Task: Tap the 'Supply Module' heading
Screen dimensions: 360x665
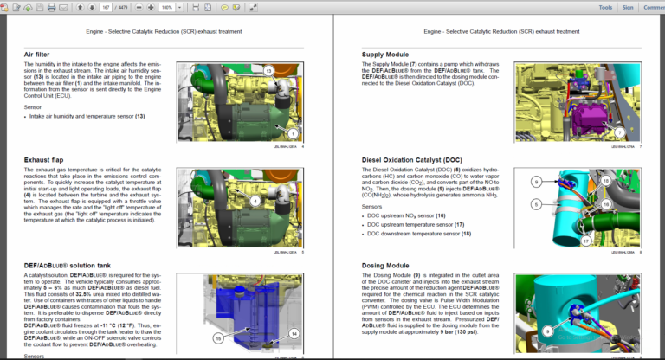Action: coord(386,55)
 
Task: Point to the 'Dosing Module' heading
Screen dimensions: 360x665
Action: coord(386,265)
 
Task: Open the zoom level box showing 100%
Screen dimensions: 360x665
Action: coord(166,7)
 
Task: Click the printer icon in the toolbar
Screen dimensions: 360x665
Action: coord(51,7)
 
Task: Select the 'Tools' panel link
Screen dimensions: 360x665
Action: coord(606,7)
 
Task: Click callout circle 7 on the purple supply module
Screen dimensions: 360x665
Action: coord(619,132)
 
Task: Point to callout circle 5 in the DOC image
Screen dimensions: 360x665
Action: coord(536,203)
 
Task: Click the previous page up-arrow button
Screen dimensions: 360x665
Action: coord(81,7)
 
